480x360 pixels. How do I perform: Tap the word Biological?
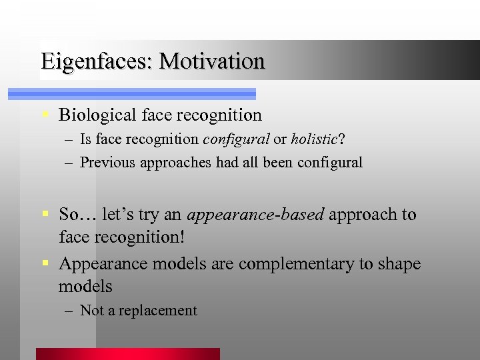point(97,115)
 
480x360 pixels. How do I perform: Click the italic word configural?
point(236,139)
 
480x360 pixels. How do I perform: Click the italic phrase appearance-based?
point(255,215)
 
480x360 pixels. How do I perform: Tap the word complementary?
point(297,264)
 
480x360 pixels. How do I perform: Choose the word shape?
point(399,264)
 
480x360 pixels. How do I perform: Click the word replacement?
point(158,311)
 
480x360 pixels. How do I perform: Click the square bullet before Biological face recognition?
point(44,115)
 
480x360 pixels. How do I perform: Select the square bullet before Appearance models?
point(44,264)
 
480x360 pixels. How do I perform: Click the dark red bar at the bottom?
point(127,354)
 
